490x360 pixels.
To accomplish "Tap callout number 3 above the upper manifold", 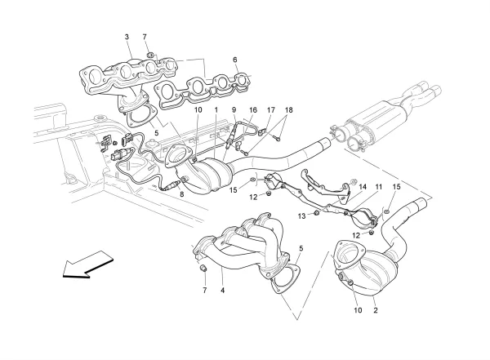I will (x=127, y=38).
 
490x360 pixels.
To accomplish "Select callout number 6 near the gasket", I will (x=234, y=60).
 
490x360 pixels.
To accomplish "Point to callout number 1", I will (x=216, y=110).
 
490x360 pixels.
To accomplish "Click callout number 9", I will (x=233, y=110).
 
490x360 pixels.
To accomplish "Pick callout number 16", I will (x=252, y=110).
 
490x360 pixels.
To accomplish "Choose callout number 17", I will (x=271, y=110).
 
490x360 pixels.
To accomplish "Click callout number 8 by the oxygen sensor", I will (x=182, y=196).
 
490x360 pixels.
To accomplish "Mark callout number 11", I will (x=379, y=187).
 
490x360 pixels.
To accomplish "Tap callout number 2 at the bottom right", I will (x=375, y=311).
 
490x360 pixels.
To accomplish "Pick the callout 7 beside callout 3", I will (x=145, y=38).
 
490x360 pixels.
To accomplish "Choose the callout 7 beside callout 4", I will (x=205, y=290).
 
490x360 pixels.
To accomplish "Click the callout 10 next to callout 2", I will (x=357, y=311).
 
